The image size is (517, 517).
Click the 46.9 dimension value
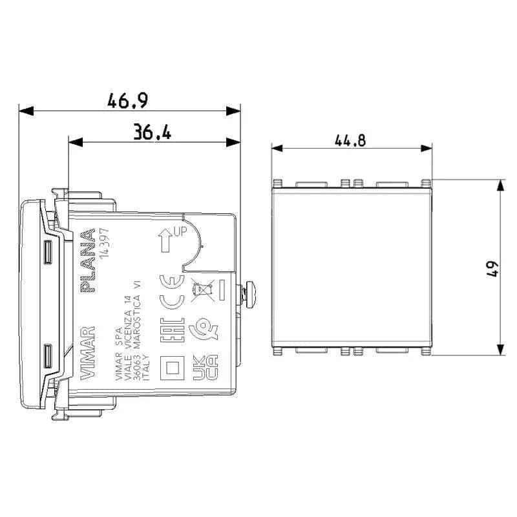pyautogui.click(x=127, y=100)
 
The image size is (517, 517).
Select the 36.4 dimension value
pyautogui.click(x=152, y=132)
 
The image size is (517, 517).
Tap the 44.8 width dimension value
pyautogui.click(x=350, y=140)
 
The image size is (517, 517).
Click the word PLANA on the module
pyautogui.click(x=88, y=261)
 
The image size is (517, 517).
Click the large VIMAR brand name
pyautogui.click(x=88, y=353)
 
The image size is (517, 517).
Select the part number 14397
pyautogui.click(x=104, y=244)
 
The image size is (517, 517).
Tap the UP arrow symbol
pyautogui.click(x=165, y=240)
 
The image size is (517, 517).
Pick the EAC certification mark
pyautogui.click(x=172, y=330)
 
